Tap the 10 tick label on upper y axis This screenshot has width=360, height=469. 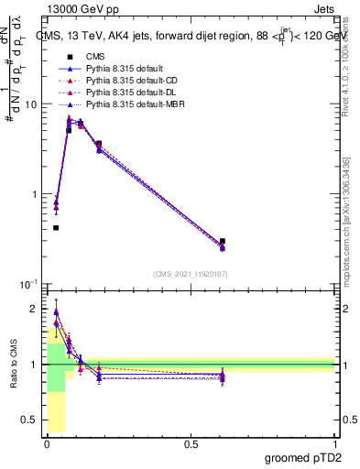[29, 104]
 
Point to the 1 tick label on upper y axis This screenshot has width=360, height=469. [33, 194]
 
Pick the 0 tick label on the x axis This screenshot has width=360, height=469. [46, 443]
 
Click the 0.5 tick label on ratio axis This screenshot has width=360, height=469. [30, 420]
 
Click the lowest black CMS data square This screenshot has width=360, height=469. [56, 227]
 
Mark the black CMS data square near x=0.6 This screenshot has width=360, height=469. [223, 241]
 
